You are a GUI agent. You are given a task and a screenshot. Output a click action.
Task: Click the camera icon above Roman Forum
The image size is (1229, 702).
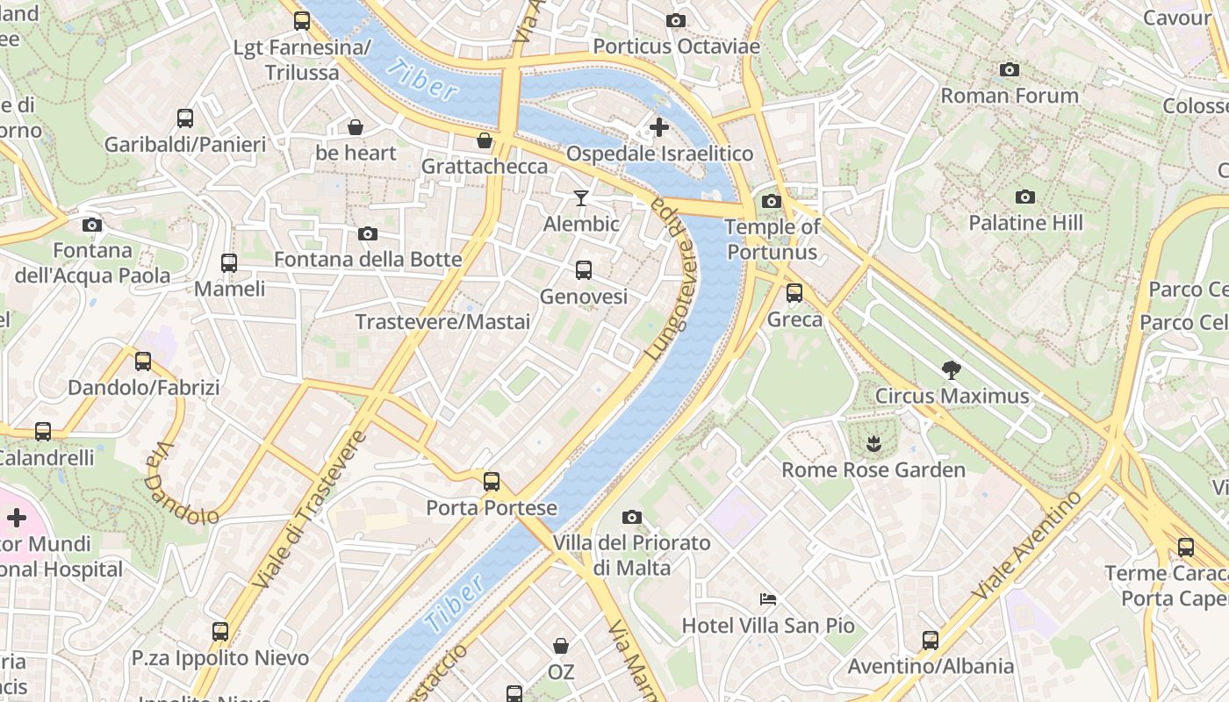point(1010,70)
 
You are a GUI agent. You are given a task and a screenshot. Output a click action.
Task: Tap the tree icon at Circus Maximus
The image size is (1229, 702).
point(951,370)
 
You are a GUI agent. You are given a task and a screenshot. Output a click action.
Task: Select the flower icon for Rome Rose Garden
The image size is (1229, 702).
point(873,444)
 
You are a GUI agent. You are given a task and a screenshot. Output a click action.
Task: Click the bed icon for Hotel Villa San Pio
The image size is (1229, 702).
point(768,599)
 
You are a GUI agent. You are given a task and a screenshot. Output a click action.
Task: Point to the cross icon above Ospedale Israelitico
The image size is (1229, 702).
point(658,128)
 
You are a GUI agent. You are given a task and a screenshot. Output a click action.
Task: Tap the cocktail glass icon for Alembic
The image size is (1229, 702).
point(580,198)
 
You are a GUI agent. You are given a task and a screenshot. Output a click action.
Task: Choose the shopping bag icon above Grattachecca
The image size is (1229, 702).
point(485,140)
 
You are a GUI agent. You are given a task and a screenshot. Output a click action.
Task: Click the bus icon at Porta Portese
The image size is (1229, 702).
point(492,481)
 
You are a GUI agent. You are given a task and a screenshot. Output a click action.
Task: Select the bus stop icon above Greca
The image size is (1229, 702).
point(794,293)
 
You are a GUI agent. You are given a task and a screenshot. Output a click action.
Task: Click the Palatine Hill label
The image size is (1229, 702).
point(1025,223)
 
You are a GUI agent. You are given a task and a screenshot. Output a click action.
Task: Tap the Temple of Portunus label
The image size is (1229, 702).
point(772,240)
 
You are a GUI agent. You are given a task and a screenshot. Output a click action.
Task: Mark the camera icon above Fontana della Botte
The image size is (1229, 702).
point(368,233)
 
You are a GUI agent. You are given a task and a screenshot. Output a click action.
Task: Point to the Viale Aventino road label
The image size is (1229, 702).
point(1028,546)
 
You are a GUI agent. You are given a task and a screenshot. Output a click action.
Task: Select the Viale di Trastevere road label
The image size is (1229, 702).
point(308,510)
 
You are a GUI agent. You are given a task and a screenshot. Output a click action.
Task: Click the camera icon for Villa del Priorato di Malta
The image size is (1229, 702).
point(631,517)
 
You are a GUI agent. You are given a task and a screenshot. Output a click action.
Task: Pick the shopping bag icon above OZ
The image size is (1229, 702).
point(561,647)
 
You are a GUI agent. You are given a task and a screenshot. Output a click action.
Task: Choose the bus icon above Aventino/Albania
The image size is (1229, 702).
point(931,640)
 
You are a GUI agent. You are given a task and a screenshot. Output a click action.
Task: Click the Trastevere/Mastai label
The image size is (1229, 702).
point(442,322)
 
